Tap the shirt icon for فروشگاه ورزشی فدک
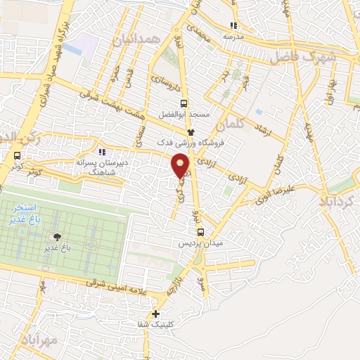pos(190,131)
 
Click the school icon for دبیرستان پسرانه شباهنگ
pos(103,151)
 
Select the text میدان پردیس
pos(202,243)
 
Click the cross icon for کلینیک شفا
pos(156,314)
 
